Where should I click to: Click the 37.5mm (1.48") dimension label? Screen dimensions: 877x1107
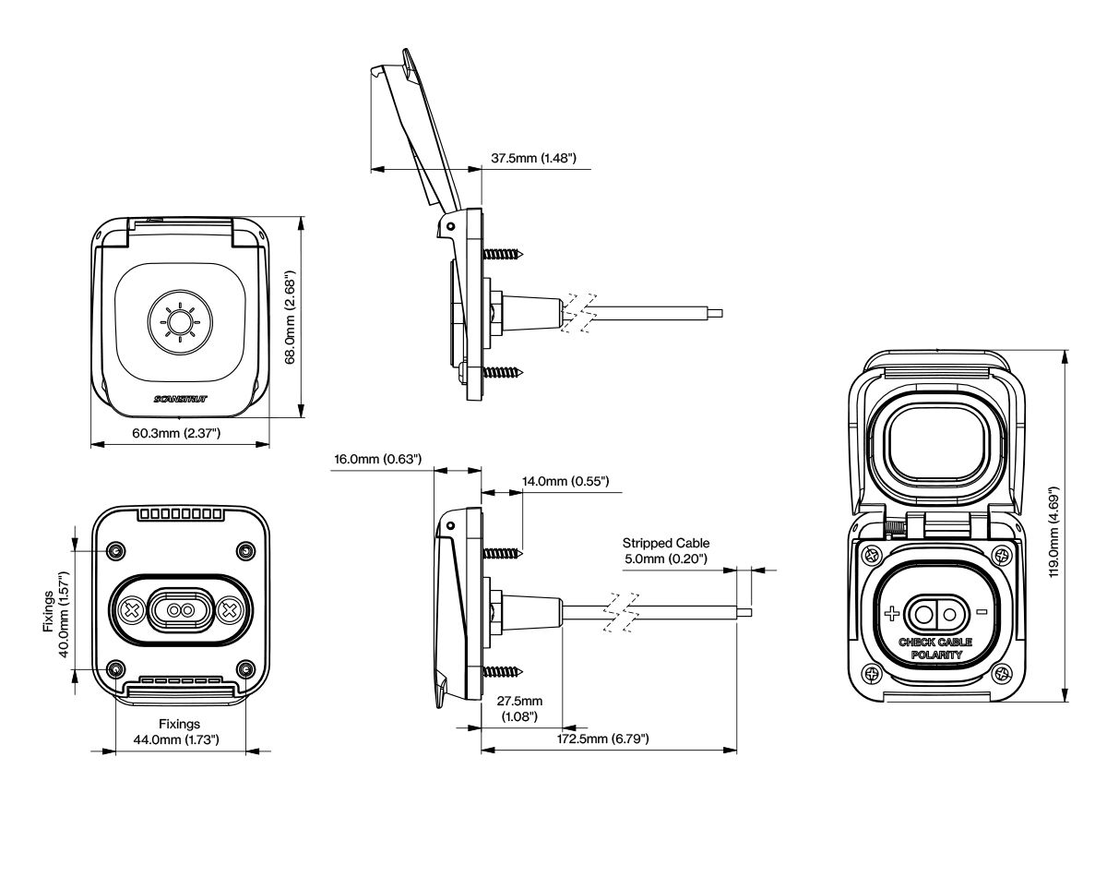pos(533,159)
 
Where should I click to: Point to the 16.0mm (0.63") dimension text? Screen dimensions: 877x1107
pos(379,458)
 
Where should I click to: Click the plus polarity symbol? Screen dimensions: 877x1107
pos(891,613)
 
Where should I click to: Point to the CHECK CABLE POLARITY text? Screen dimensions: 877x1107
pos(936,647)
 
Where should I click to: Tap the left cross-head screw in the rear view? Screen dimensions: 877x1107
pos(133,610)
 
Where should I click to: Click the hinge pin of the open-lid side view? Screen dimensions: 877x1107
pos(449,226)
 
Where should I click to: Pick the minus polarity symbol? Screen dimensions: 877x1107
pos(982,612)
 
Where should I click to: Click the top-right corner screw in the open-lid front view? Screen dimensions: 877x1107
pos(1004,555)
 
